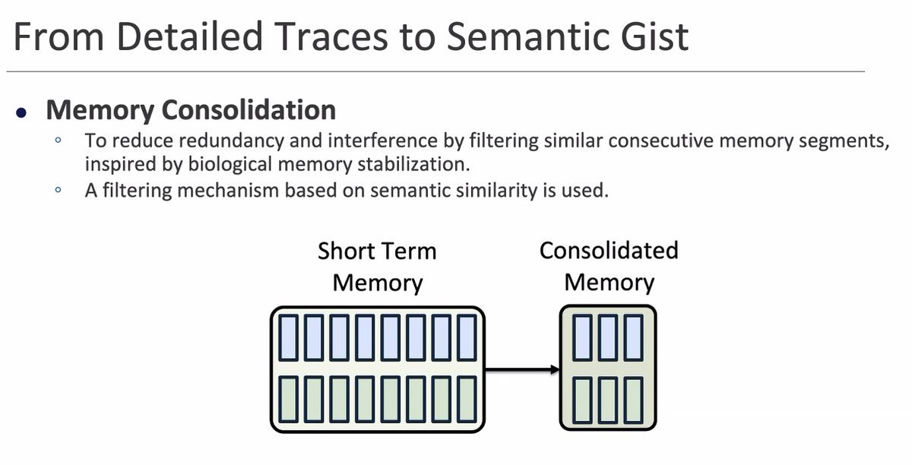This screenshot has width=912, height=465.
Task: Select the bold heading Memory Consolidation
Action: [191, 110]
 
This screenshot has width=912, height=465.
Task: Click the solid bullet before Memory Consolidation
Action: [22, 112]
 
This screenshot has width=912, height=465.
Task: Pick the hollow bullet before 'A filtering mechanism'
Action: [57, 190]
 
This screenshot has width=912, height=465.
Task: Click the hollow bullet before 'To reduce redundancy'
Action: [57, 141]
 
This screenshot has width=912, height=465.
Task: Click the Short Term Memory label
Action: [378, 267]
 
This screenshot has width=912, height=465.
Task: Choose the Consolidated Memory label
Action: [609, 266]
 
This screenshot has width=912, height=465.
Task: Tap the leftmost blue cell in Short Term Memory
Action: [289, 337]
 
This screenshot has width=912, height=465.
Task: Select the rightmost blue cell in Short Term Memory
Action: [467, 337]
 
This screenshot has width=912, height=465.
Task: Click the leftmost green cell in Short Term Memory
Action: [289, 399]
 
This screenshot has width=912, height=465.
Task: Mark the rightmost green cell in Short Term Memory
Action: [467, 399]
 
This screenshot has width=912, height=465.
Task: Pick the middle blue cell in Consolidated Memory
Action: [607, 337]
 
